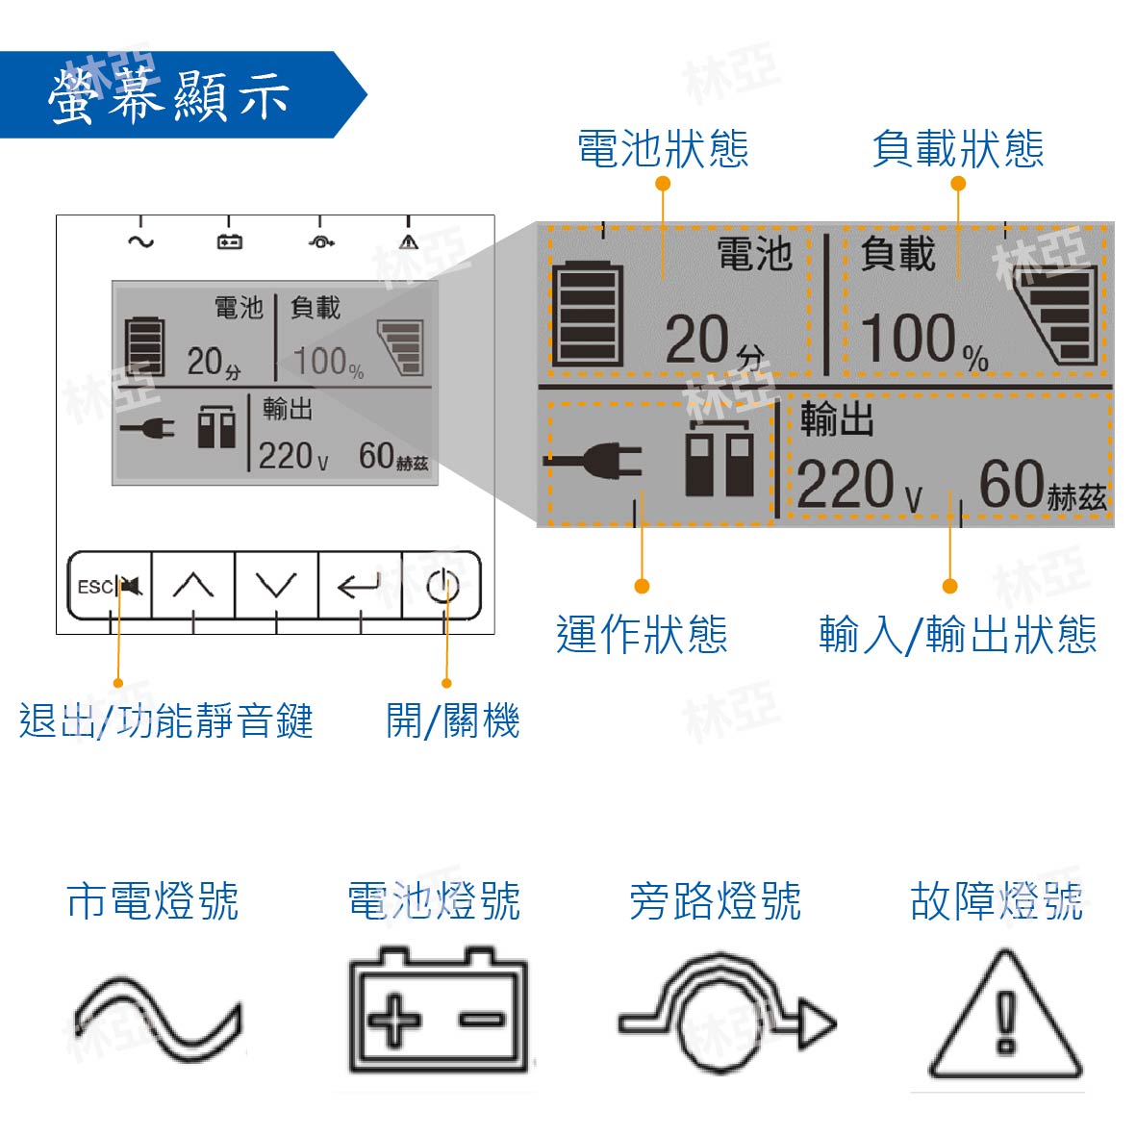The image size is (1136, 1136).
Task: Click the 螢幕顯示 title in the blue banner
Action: tap(168, 95)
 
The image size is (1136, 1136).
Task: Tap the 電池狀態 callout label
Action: tap(663, 149)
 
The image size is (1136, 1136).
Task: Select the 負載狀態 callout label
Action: tap(958, 149)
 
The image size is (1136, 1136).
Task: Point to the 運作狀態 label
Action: tap(642, 635)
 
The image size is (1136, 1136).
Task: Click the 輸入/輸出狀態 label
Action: tap(958, 635)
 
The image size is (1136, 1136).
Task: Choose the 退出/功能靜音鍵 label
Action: tap(165, 720)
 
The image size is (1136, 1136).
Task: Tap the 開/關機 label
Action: tap(453, 720)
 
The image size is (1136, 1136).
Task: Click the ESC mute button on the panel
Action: tap(110, 586)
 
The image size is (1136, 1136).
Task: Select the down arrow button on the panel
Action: tap(276, 586)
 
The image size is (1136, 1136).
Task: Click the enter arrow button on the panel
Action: tap(360, 586)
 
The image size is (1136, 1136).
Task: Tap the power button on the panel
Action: tap(442, 586)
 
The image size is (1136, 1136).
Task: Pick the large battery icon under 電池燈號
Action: tap(439, 1009)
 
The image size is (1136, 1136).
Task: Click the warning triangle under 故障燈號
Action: tap(1005, 1014)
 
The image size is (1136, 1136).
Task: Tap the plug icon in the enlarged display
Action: tap(593, 461)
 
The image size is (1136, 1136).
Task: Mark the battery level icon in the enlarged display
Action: tap(587, 313)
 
